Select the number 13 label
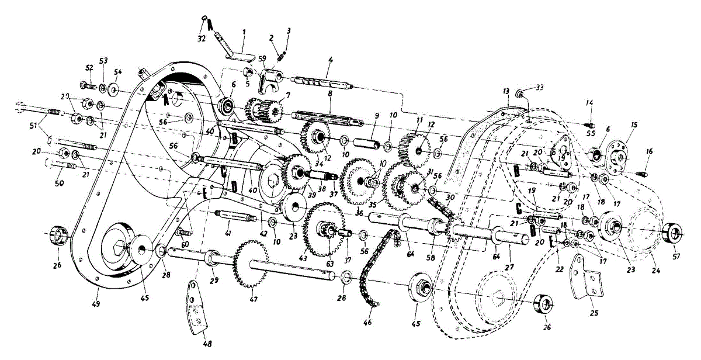coord(505,92)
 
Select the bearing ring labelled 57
coord(674,234)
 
